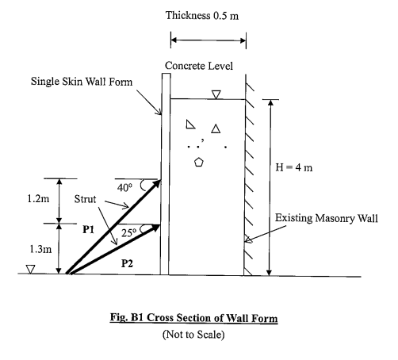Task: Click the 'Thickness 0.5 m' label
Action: pyautogui.click(x=207, y=16)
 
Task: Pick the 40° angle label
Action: pyautogui.click(x=124, y=189)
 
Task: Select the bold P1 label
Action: pyautogui.click(x=89, y=228)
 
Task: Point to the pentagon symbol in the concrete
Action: pyautogui.click(x=198, y=163)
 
